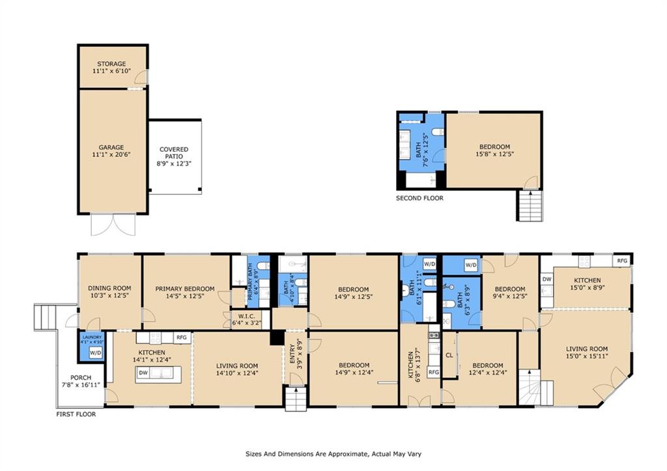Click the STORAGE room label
point(111,64)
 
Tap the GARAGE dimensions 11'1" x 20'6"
point(111,154)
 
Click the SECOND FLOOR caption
point(419,198)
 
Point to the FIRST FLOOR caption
point(76,414)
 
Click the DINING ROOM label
point(109,288)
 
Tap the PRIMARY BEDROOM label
point(185,289)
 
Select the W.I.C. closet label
point(247,316)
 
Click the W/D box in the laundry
point(95,352)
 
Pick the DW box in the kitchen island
point(143,373)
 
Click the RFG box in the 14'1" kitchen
point(182,338)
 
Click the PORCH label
point(81,377)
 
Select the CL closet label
point(449,355)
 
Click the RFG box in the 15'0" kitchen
point(622,261)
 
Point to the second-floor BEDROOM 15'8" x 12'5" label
point(494,147)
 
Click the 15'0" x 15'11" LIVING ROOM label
point(587,349)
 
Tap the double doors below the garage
point(113,224)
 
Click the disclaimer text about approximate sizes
point(333,454)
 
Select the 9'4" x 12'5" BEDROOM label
point(510,289)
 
